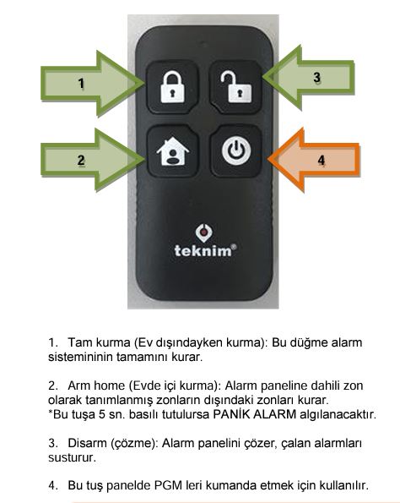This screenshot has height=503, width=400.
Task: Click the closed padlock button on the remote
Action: [x=172, y=86]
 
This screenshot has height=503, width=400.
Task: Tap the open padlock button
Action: [x=236, y=86]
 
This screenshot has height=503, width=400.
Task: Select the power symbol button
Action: [x=236, y=150]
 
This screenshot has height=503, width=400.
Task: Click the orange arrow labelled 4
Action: [x=314, y=160]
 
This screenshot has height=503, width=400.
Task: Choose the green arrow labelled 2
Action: [x=92, y=160]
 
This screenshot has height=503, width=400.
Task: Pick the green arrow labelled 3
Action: [x=309, y=77]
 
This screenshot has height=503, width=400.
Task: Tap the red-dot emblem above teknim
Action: [x=204, y=233]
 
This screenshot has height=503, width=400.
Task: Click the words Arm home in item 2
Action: [x=96, y=385]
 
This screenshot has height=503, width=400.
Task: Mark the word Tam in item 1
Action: [x=78, y=342]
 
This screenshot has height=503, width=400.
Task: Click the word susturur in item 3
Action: [x=72, y=457]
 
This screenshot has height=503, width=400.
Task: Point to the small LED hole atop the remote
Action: [x=204, y=41]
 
